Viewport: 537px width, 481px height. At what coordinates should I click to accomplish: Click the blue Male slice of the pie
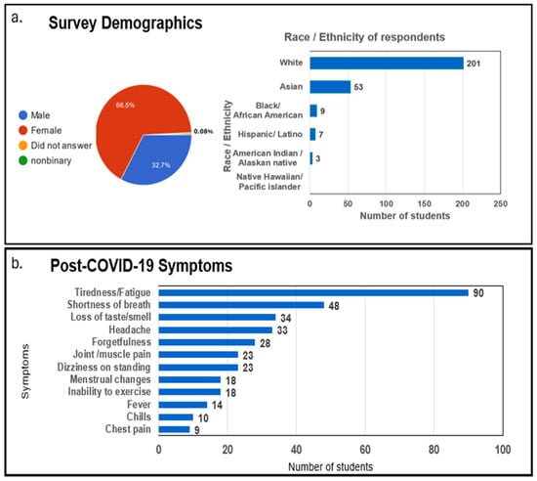161,157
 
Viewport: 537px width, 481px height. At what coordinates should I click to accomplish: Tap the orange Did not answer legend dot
23,146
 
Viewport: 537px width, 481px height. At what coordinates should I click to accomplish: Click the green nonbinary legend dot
23,160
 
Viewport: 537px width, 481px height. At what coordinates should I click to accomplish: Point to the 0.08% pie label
203,131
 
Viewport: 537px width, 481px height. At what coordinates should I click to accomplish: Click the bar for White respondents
387,64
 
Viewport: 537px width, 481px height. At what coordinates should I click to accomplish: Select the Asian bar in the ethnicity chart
330,87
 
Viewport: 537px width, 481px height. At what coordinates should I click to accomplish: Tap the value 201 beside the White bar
474,64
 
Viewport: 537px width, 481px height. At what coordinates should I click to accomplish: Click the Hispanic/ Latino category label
269,134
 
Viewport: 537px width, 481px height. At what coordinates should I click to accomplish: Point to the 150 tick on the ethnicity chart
424,203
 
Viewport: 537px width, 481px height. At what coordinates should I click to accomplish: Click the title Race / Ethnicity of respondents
364,37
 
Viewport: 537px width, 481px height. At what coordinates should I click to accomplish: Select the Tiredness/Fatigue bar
313,292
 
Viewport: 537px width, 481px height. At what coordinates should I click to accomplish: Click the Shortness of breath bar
241,305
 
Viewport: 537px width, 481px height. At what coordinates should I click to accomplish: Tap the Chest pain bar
174,429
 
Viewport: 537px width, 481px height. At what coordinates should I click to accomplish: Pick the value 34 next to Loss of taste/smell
286,318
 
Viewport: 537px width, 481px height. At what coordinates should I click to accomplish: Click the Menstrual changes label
110,379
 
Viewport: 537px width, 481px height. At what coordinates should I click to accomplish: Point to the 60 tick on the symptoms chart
365,450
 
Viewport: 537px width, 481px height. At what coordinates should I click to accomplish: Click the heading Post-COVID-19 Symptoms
142,265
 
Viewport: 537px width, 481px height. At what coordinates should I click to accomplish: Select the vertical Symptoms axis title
25,372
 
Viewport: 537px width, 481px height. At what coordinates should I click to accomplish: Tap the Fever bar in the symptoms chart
183,405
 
